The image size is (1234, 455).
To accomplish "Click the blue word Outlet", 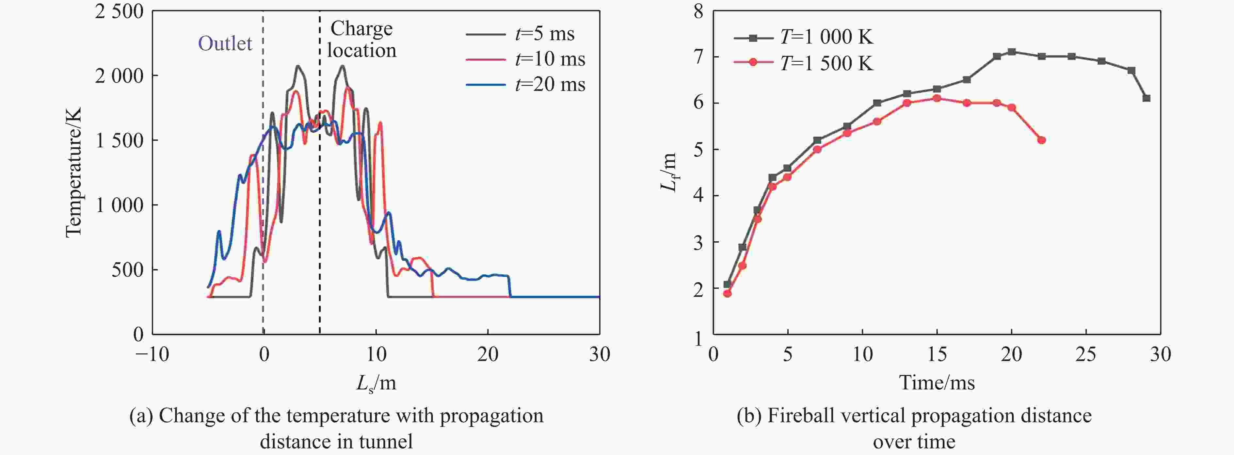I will click(225, 43).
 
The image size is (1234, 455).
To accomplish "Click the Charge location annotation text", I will click(362, 39).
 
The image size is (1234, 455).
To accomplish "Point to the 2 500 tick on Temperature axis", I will click(119, 11).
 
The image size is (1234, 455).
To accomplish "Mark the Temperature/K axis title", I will click(74, 172).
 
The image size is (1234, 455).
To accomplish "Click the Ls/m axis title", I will click(376, 383).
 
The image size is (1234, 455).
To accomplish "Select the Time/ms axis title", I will click(937, 383).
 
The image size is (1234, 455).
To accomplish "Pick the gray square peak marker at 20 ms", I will click(1012, 52).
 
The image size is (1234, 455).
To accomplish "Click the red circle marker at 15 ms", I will click(937, 98).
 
